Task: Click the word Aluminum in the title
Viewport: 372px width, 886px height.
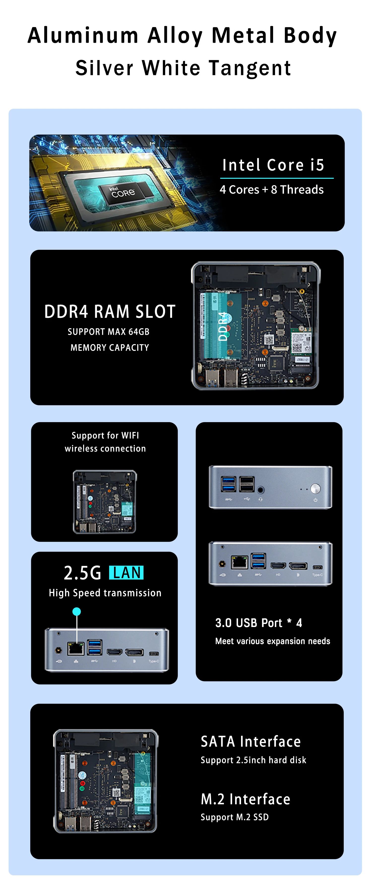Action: pos(83,36)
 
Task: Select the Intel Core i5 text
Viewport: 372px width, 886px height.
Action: pos(273,165)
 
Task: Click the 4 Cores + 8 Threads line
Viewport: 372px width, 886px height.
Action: pos(271,189)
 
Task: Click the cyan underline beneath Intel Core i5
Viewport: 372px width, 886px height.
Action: pos(277,178)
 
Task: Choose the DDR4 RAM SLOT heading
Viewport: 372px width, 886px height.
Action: pos(110,312)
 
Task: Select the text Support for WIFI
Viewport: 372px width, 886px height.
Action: pos(105,436)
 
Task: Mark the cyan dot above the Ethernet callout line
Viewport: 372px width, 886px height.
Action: pos(77,611)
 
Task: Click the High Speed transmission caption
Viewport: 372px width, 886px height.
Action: pos(105,593)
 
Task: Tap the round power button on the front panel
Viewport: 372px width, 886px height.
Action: pos(315,488)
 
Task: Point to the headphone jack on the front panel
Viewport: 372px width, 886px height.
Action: pos(261,490)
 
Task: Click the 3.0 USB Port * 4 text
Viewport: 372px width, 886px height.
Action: pos(259,623)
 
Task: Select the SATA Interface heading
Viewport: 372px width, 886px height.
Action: pos(251,741)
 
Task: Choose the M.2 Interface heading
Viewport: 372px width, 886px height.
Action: pos(246,799)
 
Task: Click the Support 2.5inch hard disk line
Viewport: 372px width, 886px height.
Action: pos(253,760)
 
